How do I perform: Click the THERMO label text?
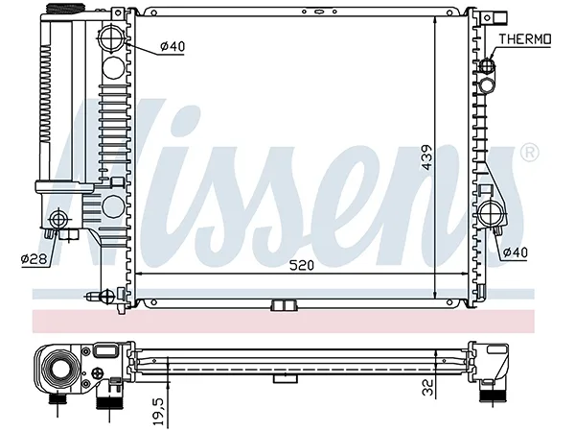pos(525,39)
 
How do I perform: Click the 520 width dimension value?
pos(302,265)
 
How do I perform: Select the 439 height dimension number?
pos(426,157)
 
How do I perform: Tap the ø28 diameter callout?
pos(34,259)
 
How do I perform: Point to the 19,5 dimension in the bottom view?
pos(160,410)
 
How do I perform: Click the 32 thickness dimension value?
pos(427,387)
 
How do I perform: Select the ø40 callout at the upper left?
pos(172,46)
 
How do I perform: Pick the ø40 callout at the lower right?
pos(515,252)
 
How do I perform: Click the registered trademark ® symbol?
pos(530,152)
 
